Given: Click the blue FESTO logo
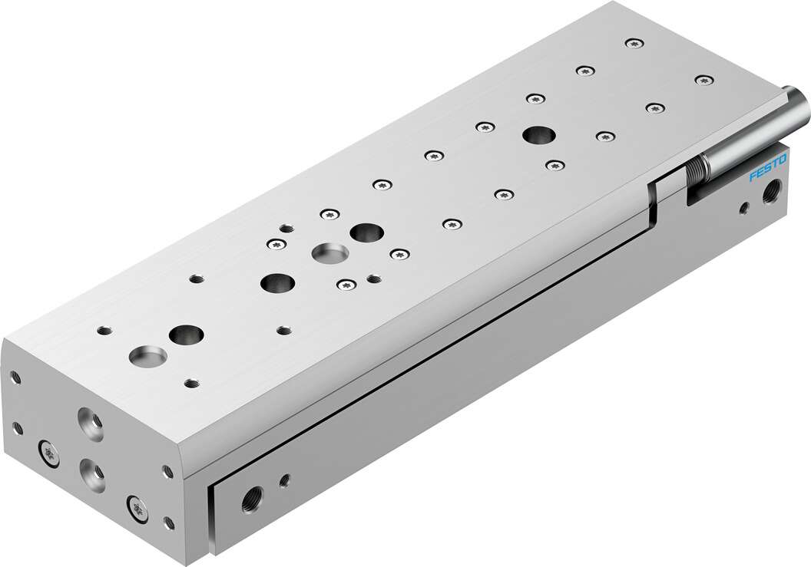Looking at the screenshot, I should point(768,169).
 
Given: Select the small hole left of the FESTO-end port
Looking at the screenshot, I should point(744,207).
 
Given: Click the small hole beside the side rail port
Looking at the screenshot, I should point(285,481).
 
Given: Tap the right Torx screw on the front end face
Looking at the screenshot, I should point(137,506).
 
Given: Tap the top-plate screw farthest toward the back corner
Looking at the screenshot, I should point(633,44).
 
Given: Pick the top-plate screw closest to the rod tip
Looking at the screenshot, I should point(703,79).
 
